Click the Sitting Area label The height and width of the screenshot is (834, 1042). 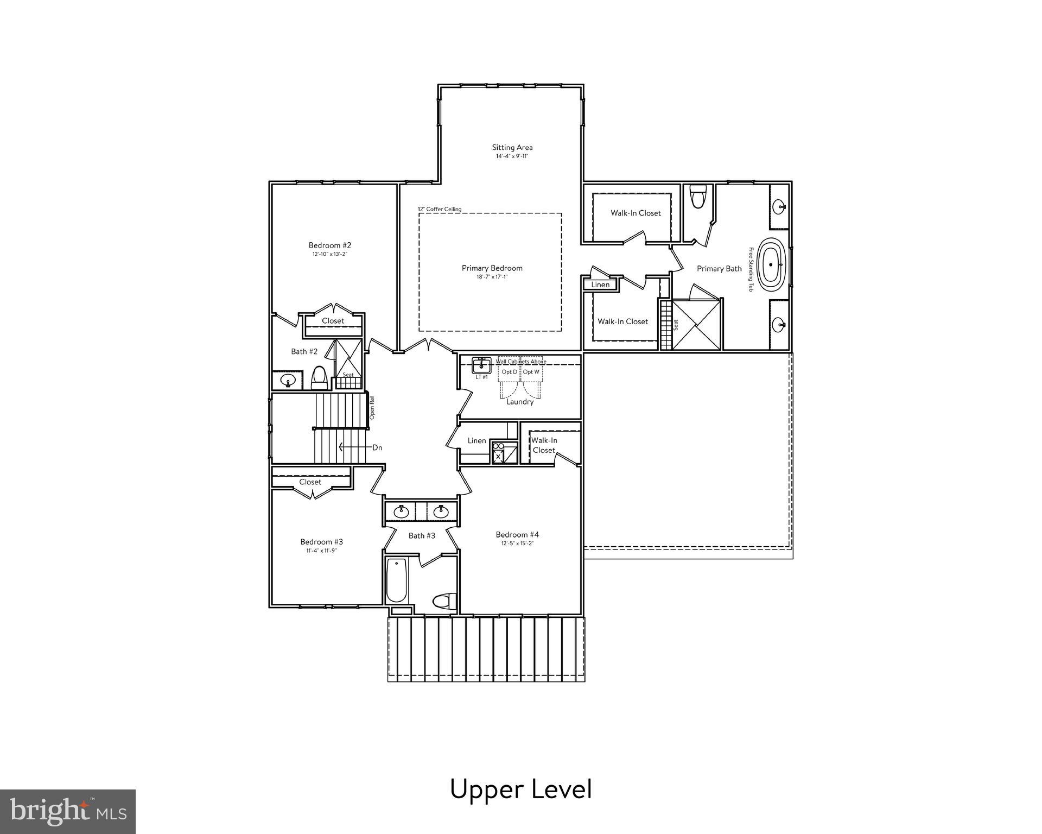click(512, 147)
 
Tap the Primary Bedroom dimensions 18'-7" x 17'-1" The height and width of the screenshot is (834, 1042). click(492, 277)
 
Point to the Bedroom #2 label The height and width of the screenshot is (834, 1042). click(330, 245)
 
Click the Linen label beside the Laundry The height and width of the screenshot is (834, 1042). click(476, 440)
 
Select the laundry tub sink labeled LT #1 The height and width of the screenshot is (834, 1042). click(481, 365)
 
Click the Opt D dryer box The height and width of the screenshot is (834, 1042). click(509, 372)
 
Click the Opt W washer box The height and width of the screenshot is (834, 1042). click(531, 372)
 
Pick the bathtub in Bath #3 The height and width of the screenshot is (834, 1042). click(396, 581)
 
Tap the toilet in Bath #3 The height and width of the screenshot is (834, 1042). click(443, 601)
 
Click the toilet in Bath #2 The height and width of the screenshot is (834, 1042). click(319, 378)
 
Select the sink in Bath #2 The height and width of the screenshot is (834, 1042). click(287, 380)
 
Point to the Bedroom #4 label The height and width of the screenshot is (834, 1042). click(517, 534)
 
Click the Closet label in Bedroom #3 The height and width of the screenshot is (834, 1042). click(310, 482)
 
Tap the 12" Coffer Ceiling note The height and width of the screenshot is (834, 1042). click(439, 209)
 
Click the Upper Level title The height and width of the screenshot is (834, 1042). click(520, 789)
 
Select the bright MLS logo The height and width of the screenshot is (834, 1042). click(68, 812)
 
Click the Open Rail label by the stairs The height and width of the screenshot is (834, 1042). click(372, 407)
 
